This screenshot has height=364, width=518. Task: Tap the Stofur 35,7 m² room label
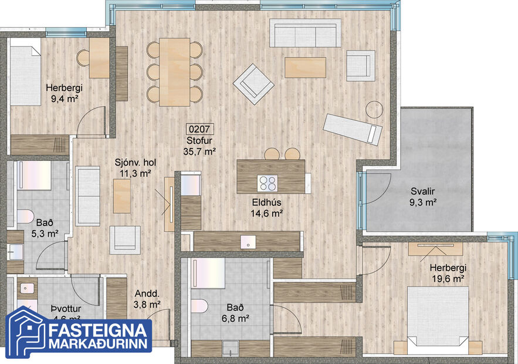tap(199, 146)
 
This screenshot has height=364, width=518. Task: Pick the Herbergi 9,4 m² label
tap(64, 93)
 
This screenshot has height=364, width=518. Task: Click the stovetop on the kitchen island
tap(268, 184)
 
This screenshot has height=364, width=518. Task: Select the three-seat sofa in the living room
tap(305, 33)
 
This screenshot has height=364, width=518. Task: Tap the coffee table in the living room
tap(305, 67)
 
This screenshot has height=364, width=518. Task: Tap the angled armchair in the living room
tap(253, 83)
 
